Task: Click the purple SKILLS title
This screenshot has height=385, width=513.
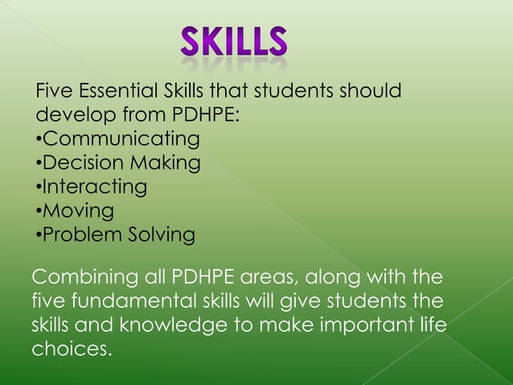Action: pos(233,42)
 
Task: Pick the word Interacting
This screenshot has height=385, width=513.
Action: pos(94,187)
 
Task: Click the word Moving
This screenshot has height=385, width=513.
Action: pos(77,211)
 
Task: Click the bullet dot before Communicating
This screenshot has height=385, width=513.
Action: pos(38,139)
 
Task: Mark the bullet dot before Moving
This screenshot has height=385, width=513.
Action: pos(38,212)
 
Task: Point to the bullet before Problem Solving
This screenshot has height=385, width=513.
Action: pos(38,236)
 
